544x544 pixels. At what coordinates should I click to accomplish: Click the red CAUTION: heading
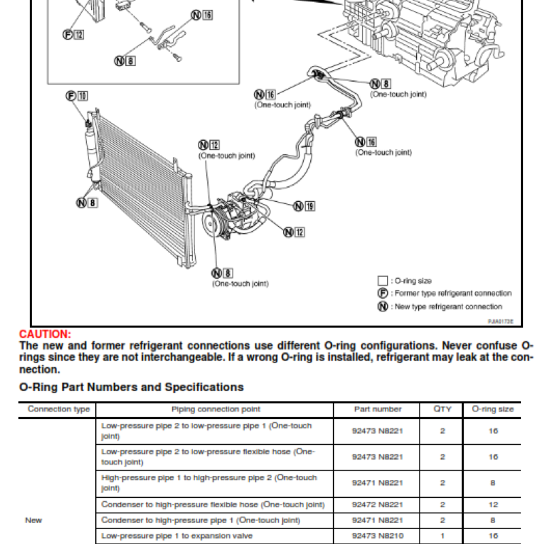tap(45, 334)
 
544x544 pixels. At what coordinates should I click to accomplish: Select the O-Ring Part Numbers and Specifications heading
tap(131, 387)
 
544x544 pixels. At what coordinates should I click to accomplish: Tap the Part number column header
tap(377, 409)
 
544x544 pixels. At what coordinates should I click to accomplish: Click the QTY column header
tap(442, 409)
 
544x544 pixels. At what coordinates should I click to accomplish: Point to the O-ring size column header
tap(493, 409)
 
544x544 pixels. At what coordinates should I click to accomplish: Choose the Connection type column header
tap(58, 409)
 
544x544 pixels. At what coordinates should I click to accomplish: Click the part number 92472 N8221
tap(377, 505)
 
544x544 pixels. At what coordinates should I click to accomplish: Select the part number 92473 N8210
tap(377, 537)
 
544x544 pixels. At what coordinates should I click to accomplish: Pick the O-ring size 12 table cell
tap(493, 505)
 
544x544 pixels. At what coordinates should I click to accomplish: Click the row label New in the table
tap(33, 520)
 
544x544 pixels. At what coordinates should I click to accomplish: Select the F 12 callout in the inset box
tap(73, 35)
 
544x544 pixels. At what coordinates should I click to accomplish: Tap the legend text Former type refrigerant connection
tap(453, 293)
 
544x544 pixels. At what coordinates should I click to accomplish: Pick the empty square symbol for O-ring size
tap(382, 280)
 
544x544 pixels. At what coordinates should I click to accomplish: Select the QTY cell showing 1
tap(442, 537)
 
